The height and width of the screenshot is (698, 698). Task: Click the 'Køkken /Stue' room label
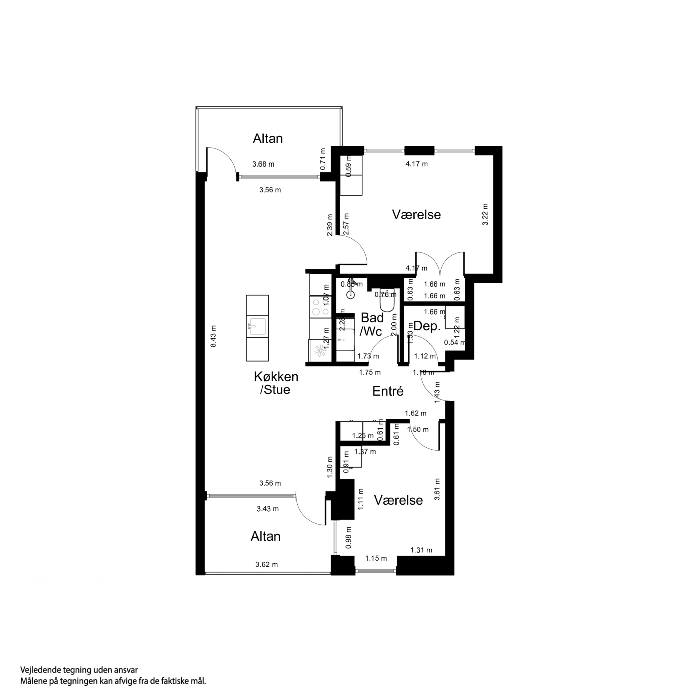coord(276,383)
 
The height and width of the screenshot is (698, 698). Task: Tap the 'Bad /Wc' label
coord(372,325)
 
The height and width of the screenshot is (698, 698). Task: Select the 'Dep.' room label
coord(427,326)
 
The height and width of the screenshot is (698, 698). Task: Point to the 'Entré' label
coord(388,391)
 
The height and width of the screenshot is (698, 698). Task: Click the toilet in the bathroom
coord(388,302)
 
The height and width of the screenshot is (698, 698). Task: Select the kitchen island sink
coord(257,326)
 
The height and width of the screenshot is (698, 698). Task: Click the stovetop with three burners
coord(320,307)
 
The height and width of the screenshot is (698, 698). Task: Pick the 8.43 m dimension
coord(214,336)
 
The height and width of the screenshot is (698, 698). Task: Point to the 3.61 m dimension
coord(437,489)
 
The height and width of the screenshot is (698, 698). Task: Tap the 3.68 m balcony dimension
coord(263,164)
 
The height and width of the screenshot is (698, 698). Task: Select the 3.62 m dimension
coord(267,565)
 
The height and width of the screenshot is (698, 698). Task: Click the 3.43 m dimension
coord(267,509)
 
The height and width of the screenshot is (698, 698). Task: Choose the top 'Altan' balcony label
coord(267,139)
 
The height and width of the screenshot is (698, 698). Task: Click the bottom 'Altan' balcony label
coord(266,537)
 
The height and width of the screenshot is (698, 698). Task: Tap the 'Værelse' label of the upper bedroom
coord(416,214)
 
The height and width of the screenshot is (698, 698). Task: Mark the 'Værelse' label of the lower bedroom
coord(398,500)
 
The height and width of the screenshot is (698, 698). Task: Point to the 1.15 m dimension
coord(376,558)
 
